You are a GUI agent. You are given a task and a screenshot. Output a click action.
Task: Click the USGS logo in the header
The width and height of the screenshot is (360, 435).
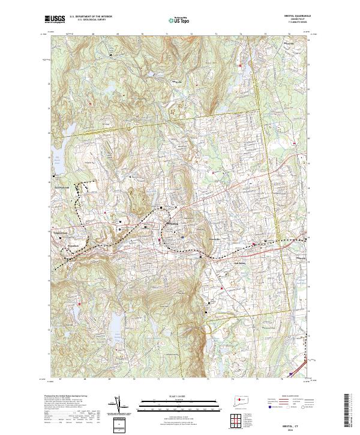point(55,20)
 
